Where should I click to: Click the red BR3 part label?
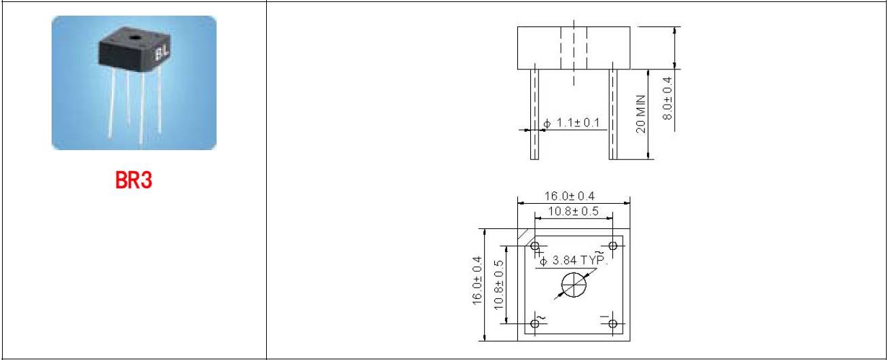pyautogui.click(x=134, y=180)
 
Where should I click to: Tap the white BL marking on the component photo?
pyautogui.click(x=162, y=53)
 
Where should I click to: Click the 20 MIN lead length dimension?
pyautogui.click(x=641, y=114)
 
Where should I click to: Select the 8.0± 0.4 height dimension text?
pyautogui.click(x=667, y=98)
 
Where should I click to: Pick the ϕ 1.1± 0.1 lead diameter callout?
pyautogui.click(x=571, y=123)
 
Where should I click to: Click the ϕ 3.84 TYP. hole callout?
pyautogui.click(x=573, y=260)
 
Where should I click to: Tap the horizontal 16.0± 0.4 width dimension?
pyautogui.click(x=570, y=196)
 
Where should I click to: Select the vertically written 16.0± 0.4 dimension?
pyautogui.click(x=477, y=281)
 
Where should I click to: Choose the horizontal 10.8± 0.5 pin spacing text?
pyautogui.click(x=573, y=211)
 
